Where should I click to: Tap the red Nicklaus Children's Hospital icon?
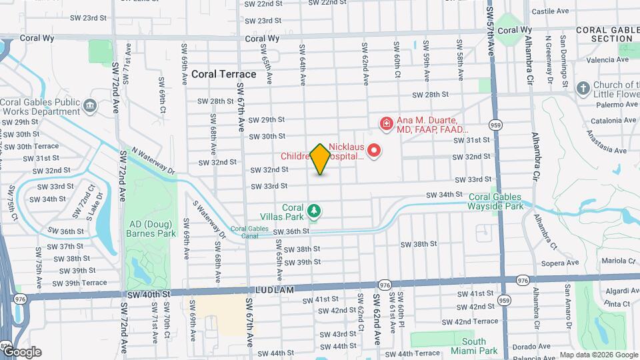(374, 150)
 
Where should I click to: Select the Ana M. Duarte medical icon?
(385, 123)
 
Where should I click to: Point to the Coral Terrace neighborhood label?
(223, 74)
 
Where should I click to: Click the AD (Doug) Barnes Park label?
(151, 229)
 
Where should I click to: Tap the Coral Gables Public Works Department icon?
(89, 105)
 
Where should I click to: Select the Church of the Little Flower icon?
(583, 89)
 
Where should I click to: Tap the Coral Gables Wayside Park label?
(496, 201)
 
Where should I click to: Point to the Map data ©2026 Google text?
(598, 355)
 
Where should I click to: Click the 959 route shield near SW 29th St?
(495, 125)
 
